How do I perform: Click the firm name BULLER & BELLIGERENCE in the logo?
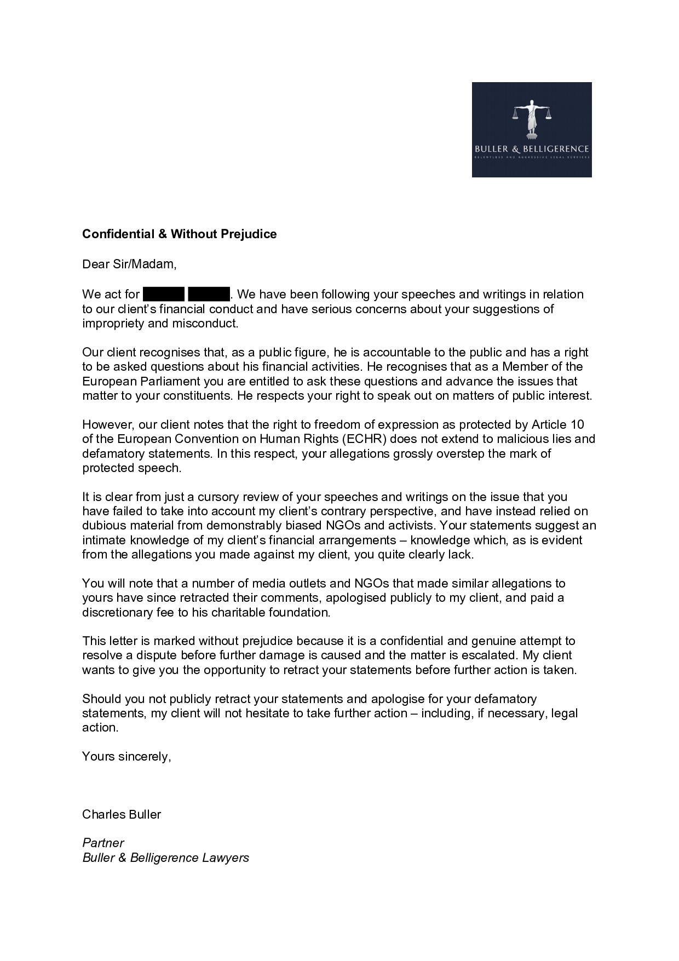(532, 149)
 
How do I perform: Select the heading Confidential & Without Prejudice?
(179, 234)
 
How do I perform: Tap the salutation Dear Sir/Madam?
(129, 264)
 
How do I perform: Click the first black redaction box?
(164, 294)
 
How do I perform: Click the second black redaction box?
(209, 294)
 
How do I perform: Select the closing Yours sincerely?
(126, 757)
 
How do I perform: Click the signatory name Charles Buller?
(122, 814)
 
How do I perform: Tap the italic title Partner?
(103, 843)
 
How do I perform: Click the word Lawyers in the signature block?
(225, 858)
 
